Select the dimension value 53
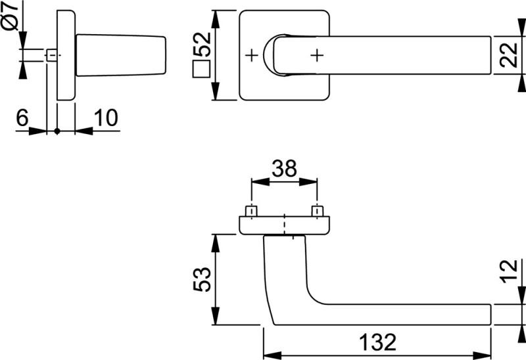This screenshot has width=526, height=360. pos(202,279)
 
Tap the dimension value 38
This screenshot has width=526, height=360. pos(284,169)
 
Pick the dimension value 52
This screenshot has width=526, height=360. pos(202,45)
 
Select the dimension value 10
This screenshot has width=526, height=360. pos(105,118)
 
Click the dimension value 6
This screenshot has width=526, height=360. pos(22,118)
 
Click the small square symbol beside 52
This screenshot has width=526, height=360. pos(201,69)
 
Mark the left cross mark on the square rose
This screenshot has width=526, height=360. pos(251,55)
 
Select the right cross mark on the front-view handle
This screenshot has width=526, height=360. pos(317,55)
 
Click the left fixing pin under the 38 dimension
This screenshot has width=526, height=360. pos(251,211)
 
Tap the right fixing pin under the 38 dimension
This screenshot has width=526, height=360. pos(318,211)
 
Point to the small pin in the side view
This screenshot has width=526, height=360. pos(51,55)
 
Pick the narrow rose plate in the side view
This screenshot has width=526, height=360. pos(66,55)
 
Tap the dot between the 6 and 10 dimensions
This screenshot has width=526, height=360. pos(57,131)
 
